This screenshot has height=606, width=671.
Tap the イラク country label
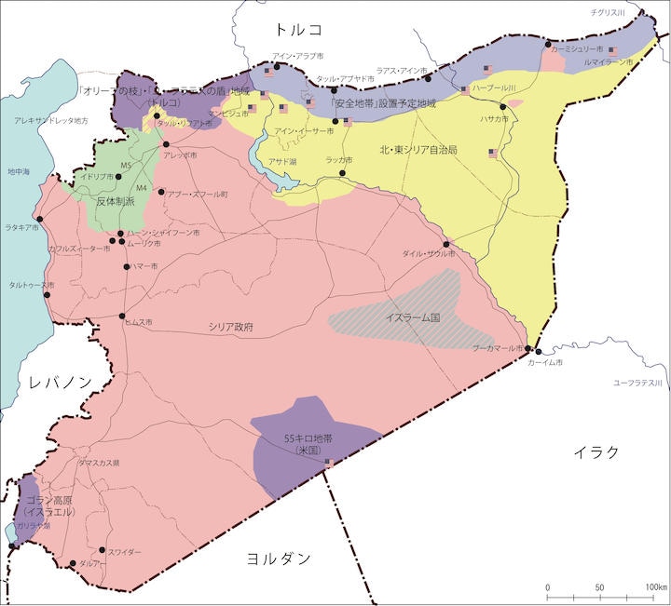[x=596, y=452]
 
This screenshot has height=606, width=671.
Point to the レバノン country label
[x=60, y=383]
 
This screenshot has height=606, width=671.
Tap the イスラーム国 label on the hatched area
[x=412, y=318]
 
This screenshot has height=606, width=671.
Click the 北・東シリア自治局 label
[x=418, y=149]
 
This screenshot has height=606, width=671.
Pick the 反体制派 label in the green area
[x=116, y=200]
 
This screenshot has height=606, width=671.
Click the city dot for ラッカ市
[x=343, y=173]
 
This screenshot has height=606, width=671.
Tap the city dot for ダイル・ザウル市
[x=446, y=245]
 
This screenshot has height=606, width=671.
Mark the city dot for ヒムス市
[x=123, y=316]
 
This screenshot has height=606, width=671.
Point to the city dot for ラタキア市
[x=39, y=219]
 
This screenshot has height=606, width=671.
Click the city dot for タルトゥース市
[x=47, y=296]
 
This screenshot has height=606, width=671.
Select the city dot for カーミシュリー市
[x=548, y=44]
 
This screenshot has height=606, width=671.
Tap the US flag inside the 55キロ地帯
[x=329, y=461]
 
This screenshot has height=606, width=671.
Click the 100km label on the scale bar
[x=655, y=587]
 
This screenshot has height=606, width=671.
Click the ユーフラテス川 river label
[x=637, y=383]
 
